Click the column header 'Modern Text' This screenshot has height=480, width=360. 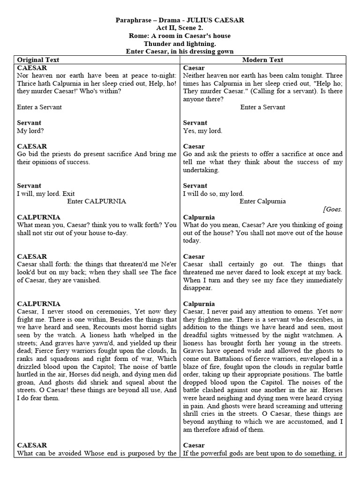pos(262,60)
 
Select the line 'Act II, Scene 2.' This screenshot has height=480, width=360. pos(180,28)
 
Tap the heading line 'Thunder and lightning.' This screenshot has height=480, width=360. pos(180,44)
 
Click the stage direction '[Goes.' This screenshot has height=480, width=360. pos(332,210)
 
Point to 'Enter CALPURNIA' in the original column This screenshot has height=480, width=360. pos(97,202)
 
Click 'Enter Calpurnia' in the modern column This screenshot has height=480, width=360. pos(262,202)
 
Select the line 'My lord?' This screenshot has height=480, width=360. pos(30,131)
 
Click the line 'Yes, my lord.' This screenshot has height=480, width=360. pos(202,131)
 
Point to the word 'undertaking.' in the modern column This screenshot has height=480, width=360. pos(201,170)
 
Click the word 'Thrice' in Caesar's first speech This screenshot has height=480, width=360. pos(28,83)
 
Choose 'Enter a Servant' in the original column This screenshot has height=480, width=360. pos(39,107)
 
